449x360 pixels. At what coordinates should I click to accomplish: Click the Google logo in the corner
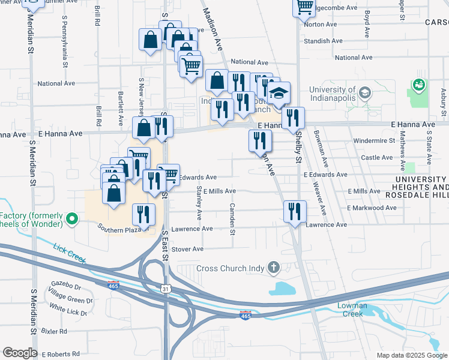(x=20, y=353)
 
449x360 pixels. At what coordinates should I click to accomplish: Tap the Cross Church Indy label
(x=231, y=268)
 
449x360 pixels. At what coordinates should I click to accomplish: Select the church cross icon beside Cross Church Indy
(x=274, y=267)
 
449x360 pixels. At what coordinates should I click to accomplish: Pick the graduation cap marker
(x=278, y=92)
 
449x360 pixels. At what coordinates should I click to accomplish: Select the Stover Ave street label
(x=188, y=248)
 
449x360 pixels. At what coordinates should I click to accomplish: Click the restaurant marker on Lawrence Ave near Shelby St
(x=295, y=211)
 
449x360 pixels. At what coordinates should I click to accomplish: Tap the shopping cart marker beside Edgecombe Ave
(x=304, y=6)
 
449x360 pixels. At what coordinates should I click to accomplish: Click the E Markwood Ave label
(x=372, y=208)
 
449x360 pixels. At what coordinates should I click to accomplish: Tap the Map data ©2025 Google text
(x=411, y=355)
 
